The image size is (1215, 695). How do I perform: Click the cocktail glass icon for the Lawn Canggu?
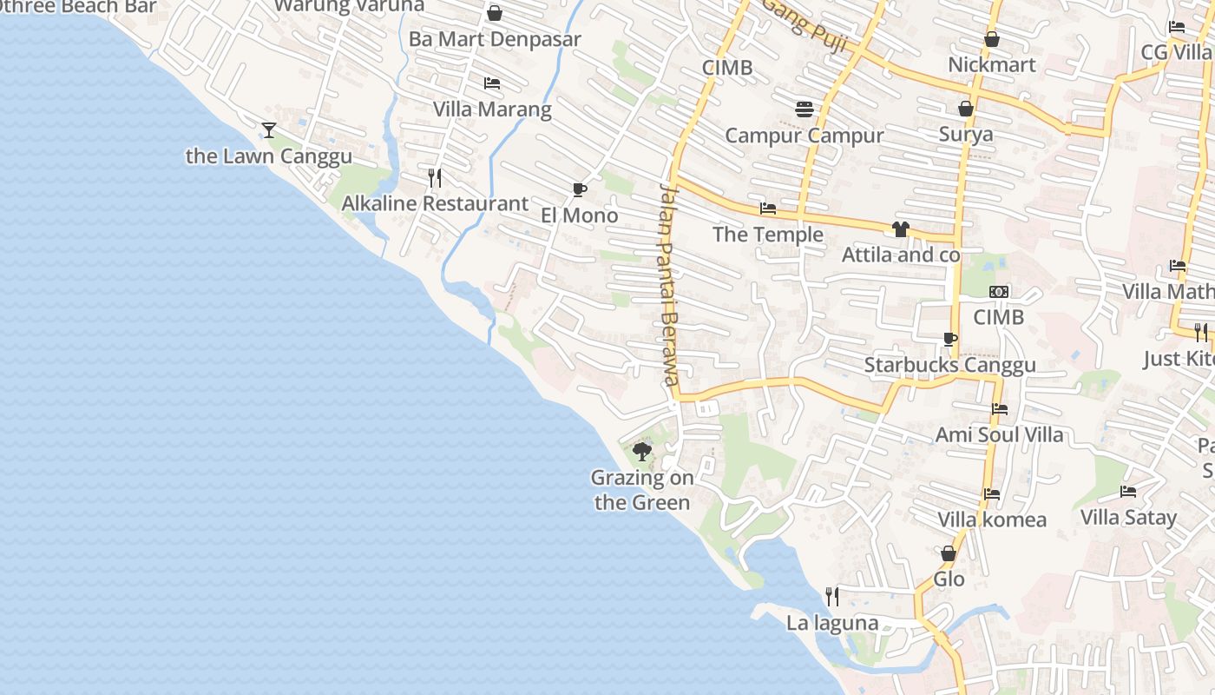269,130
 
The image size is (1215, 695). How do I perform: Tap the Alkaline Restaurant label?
435,204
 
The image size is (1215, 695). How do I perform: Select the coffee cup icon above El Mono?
579,190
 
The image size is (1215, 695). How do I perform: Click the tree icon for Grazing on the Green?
642,451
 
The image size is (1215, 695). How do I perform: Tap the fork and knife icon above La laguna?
831,596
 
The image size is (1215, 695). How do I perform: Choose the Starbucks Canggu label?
949,365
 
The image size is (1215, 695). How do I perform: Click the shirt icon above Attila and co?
901,229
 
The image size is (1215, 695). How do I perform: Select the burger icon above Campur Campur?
805,109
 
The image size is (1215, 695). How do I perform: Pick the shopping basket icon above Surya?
965,109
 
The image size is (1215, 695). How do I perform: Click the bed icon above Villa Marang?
492,83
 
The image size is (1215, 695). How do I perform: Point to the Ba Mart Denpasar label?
495,40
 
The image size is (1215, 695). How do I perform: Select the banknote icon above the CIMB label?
999,292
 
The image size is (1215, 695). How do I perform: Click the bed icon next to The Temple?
768,208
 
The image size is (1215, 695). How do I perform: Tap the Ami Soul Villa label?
999,434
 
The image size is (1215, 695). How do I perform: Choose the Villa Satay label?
1128,518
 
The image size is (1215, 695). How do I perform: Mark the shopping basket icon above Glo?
949,553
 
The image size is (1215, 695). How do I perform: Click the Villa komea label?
992,520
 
